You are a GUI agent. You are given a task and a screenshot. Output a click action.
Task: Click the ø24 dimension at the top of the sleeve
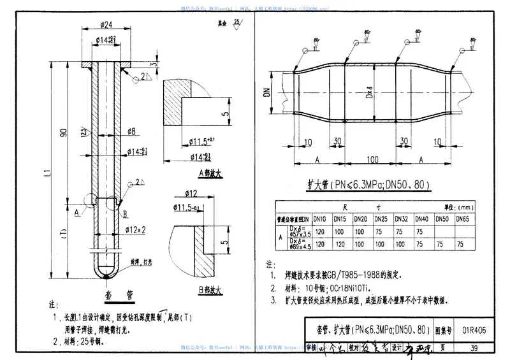(107, 25)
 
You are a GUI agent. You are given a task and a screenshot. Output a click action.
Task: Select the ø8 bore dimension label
(131, 133)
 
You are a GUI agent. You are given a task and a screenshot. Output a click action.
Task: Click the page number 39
(473, 347)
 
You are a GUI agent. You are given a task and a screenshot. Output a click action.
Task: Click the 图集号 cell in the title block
(444, 331)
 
